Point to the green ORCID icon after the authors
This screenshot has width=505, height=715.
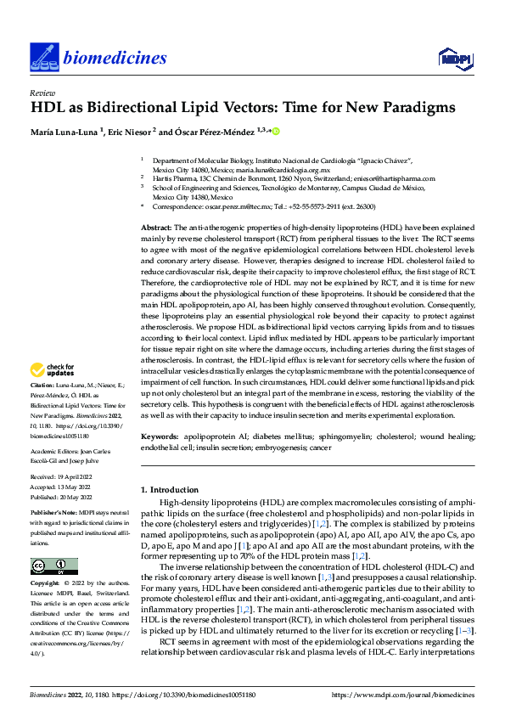click(276, 132)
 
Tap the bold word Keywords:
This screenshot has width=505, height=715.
click(160, 436)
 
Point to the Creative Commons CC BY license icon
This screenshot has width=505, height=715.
click(54, 566)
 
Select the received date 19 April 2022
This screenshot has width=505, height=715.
click(75, 478)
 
